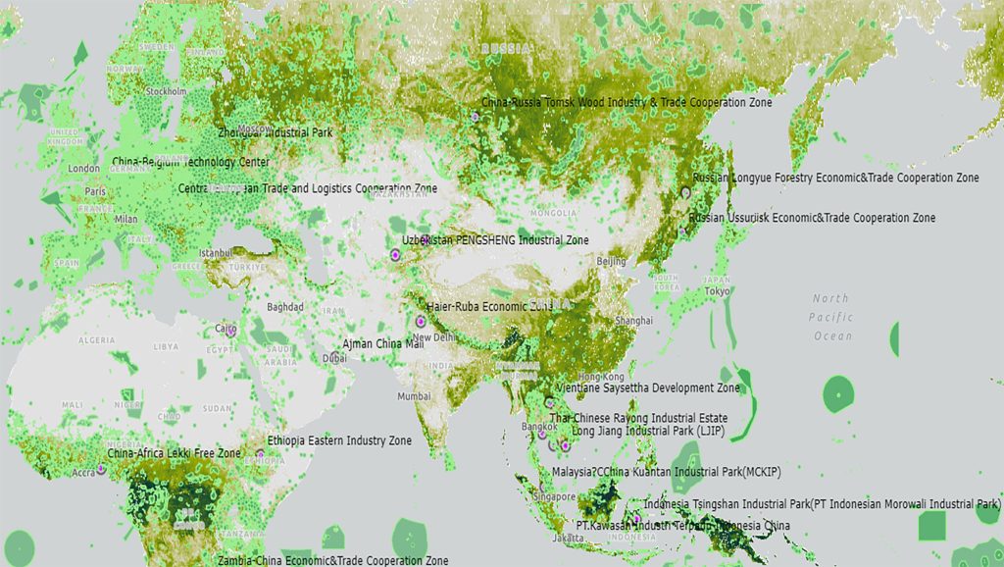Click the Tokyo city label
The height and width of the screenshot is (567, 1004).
click(x=717, y=291)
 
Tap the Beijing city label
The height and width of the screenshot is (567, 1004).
click(x=611, y=262)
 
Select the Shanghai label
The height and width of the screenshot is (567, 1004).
click(x=632, y=321)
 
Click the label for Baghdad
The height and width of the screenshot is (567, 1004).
click(x=285, y=307)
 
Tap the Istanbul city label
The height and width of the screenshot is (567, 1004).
click(x=215, y=253)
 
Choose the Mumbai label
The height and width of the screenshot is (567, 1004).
click(x=414, y=396)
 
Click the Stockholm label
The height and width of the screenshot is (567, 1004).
click(x=166, y=91)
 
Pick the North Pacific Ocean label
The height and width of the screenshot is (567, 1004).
click(x=831, y=317)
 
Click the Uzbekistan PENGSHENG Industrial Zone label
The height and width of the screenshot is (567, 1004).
click(x=495, y=240)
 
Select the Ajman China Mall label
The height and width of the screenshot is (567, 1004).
click(x=382, y=344)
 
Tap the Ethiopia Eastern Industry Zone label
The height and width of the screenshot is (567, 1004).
click(x=339, y=441)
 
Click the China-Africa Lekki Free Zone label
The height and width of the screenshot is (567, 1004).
click(x=174, y=454)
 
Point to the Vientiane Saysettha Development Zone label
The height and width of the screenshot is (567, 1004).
click(x=647, y=388)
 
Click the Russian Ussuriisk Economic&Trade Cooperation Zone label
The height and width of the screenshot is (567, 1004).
click(x=812, y=218)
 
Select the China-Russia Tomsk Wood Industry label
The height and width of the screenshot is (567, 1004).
click(x=627, y=102)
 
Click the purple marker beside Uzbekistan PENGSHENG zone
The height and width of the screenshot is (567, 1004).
click(x=395, y=255)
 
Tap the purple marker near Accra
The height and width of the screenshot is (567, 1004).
click(x=101, y=470)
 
